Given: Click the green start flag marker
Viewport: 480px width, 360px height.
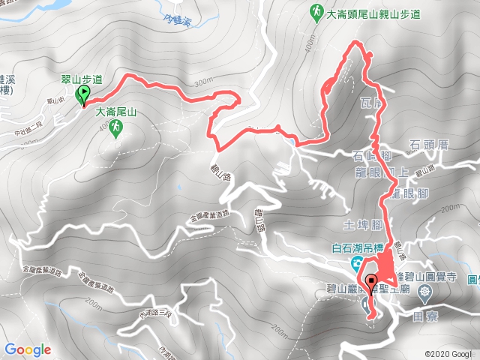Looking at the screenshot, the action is point(84,94).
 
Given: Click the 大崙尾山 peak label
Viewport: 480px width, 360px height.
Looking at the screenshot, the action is point(116,112).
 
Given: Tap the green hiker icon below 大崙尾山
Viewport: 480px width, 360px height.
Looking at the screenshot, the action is point(116,129).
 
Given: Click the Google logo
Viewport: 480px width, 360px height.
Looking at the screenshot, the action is point(28,349).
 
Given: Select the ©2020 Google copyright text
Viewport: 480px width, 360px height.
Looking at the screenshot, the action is point(450,353).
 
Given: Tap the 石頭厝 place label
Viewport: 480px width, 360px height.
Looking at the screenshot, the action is point(428,144).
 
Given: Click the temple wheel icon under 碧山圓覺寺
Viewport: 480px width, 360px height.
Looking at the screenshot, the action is point(427,292).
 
